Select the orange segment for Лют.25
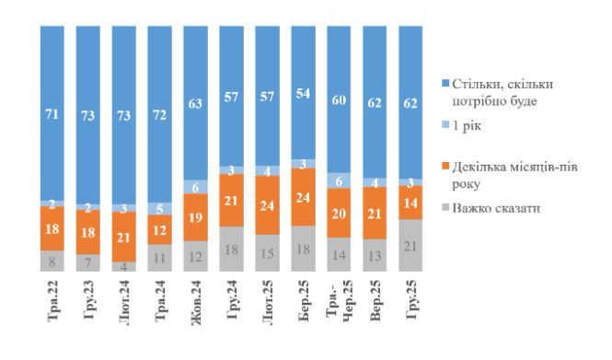pos(271,205)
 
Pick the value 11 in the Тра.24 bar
pos(163,258)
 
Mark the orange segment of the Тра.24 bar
pos(163,227)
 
